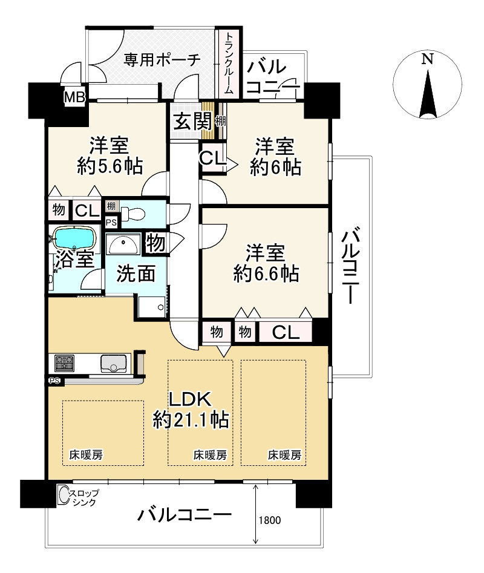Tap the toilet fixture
pos(131,214)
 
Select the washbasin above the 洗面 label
pos(123,244)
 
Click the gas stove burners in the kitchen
pos(64,363)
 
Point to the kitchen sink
pos(114,363)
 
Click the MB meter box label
pos(75,97)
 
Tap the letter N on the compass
pos(427,59)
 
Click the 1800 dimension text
pos(270,520)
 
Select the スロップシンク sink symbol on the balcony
pos(64,494)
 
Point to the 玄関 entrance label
pos(192,121)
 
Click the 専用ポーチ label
pos(162,59)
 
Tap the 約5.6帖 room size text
pos(110,166)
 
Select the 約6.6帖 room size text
pos(266,273)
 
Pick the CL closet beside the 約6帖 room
pos(212,158)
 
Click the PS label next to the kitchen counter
pos(55,381)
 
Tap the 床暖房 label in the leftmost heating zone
pos(86,455)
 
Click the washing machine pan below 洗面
pos(152,306)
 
